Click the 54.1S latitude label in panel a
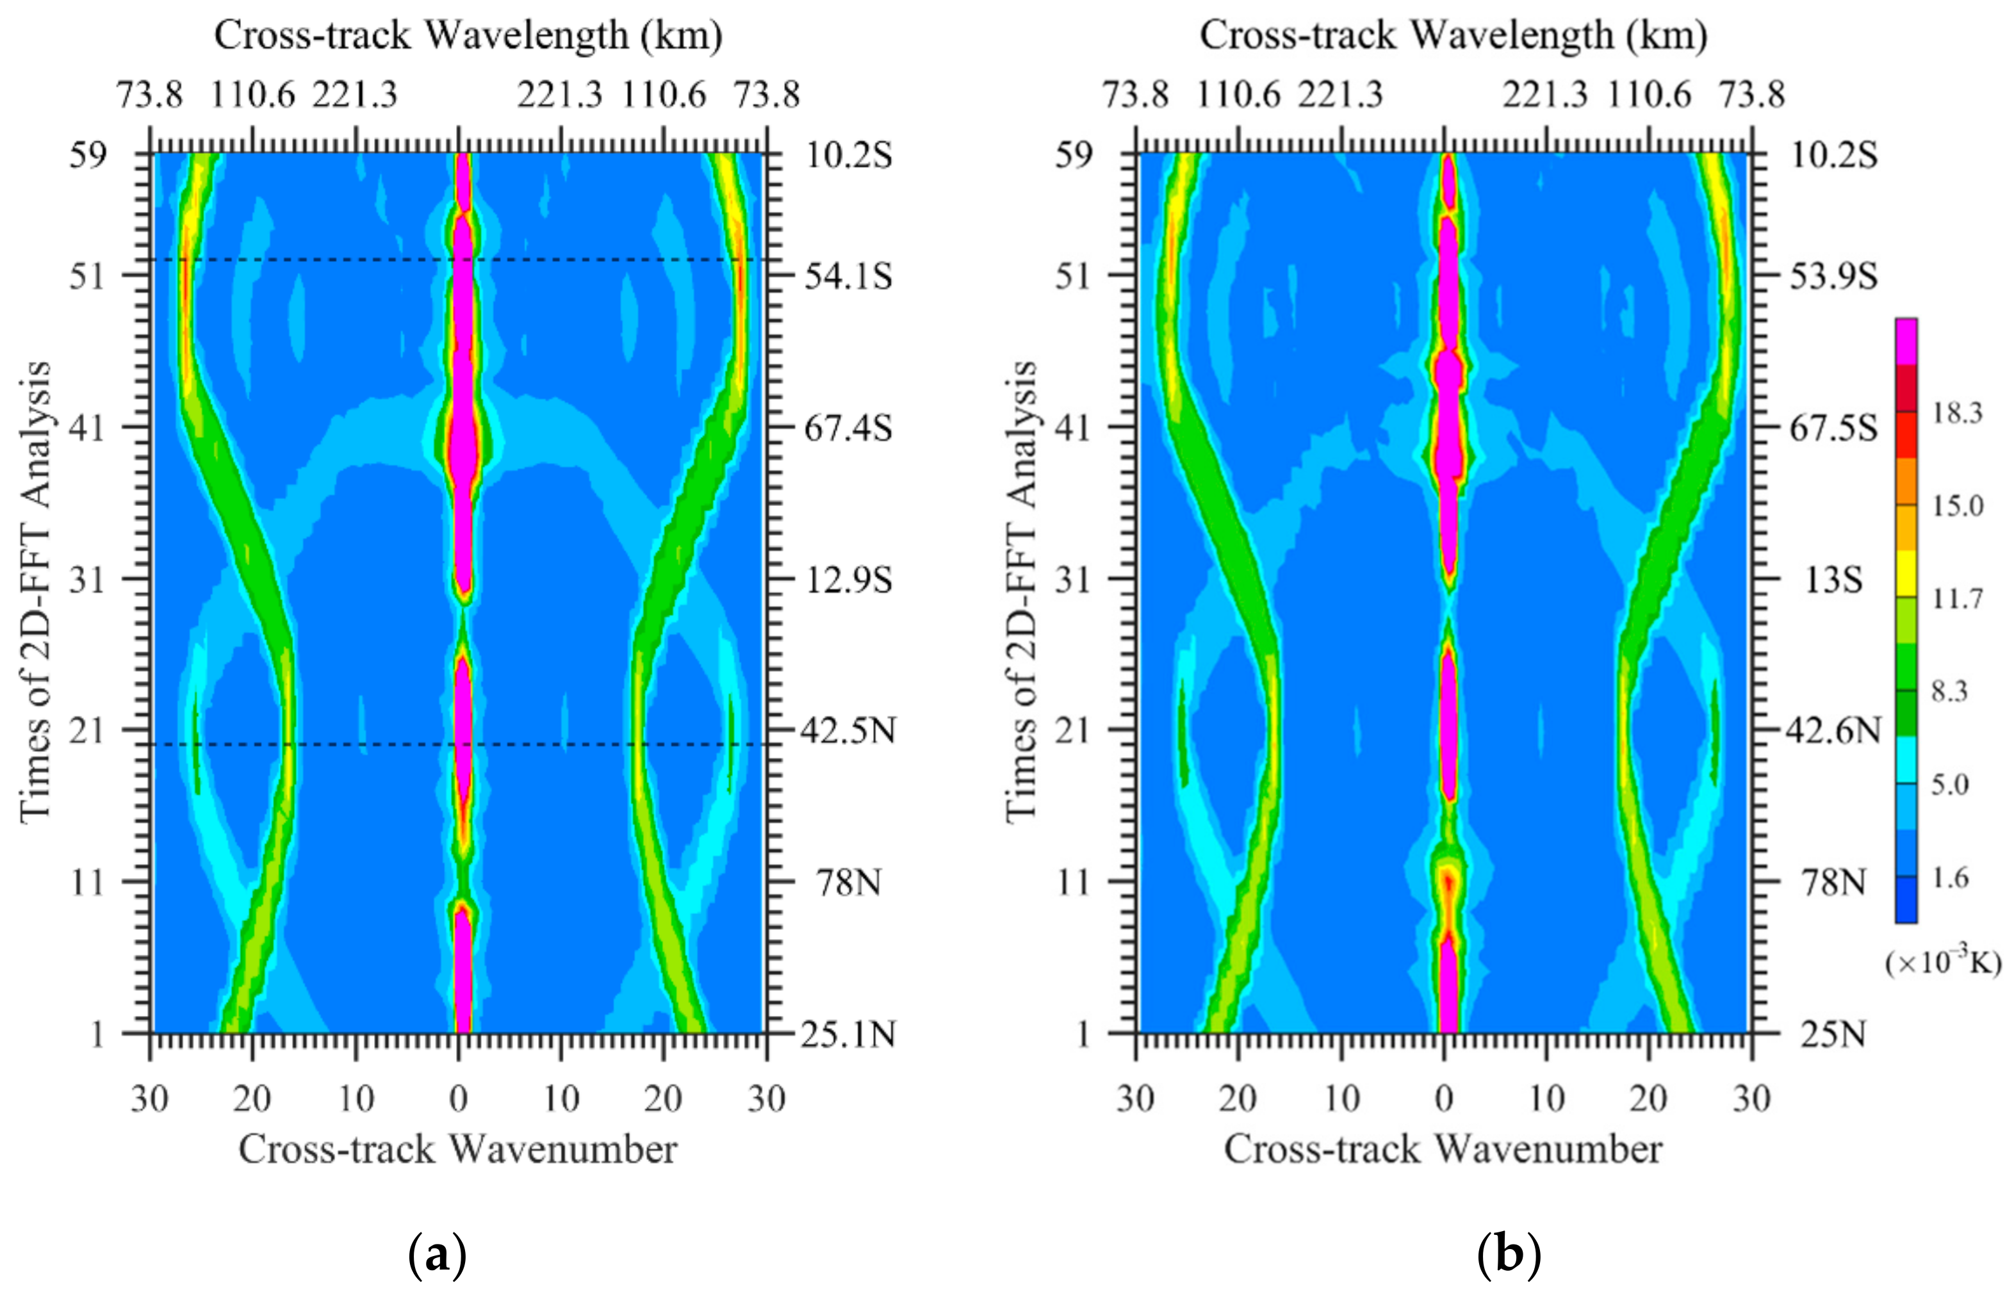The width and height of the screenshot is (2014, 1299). coord(847,276)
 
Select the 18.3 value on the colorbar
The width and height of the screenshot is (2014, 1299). coord(1956,413)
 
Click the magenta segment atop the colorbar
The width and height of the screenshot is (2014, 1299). coord(1906,341)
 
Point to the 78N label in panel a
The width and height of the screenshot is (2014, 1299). coord(847,882)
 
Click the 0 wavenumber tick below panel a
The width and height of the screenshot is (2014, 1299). coord(458,1099)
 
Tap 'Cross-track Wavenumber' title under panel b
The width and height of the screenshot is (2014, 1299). coord(1443,1149)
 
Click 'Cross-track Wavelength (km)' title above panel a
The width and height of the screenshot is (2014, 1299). coord(468,35)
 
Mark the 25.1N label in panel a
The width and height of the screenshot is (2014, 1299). coord(847,1033)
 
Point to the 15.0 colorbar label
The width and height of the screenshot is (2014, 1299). coord(1956,506)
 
